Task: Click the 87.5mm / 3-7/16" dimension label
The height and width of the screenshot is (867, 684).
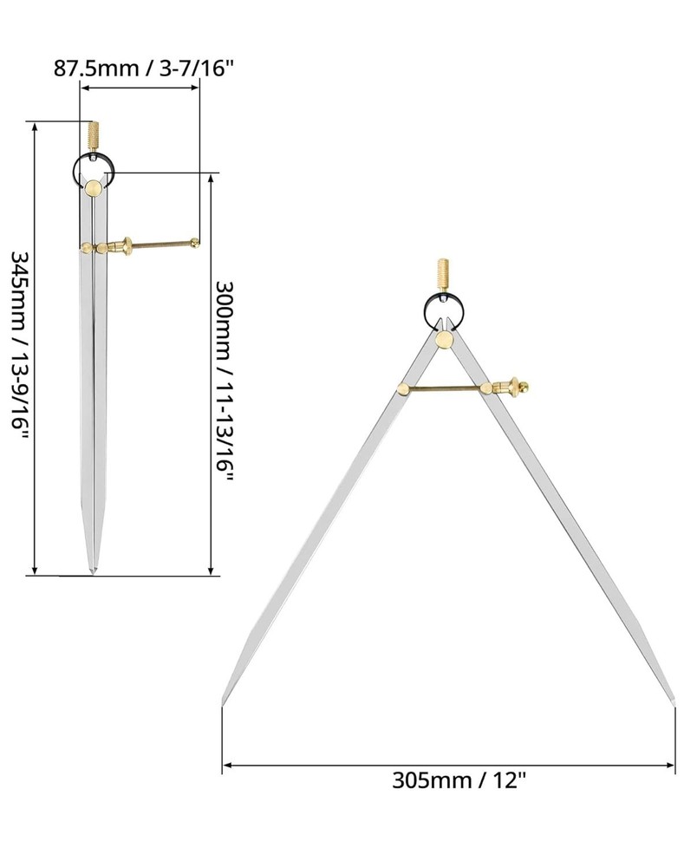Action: [145, 68]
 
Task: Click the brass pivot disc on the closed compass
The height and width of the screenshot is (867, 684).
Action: [93, 186]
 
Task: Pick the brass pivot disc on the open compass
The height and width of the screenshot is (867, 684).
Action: [445, 338]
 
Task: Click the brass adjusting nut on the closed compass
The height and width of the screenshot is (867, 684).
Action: [124, 246]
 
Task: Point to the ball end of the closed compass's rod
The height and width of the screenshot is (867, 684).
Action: [197, 243]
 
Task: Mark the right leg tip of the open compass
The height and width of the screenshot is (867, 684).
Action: [673, 699]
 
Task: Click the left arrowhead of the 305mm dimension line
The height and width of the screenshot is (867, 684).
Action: [228, 765]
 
